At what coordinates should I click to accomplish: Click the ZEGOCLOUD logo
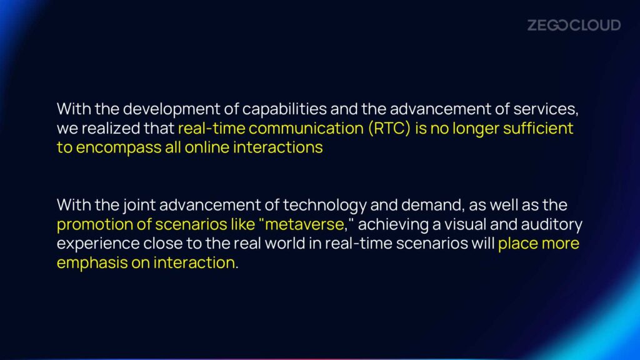[574, 25]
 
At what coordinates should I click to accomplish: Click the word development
[171, 109]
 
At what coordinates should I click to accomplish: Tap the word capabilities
[284, 109]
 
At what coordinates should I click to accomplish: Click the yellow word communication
[306, 128]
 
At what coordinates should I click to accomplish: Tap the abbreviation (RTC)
[389, 129]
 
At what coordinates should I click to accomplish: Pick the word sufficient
[538, 128]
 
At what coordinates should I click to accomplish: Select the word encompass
[119, 147]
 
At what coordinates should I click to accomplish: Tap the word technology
[324, 205]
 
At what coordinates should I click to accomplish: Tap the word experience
[98, 244]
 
